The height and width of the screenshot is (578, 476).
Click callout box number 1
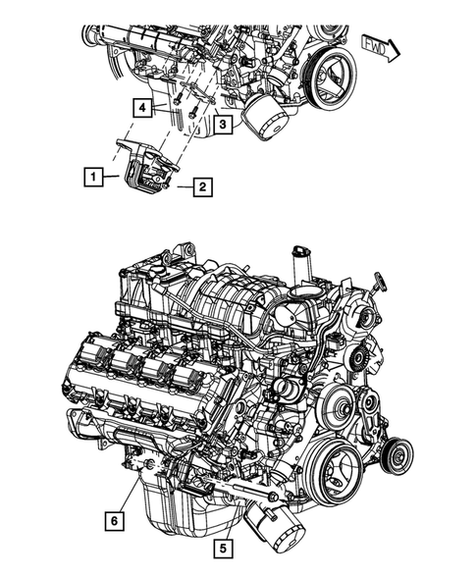click(90, 178)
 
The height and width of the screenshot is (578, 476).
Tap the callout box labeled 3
click(224, 125)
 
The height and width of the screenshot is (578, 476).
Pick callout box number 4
click(143, 107)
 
